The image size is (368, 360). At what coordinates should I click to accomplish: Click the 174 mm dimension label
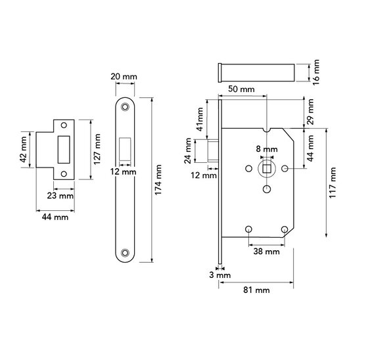point(158,179)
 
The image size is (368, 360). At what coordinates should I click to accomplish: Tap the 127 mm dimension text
point(97,149)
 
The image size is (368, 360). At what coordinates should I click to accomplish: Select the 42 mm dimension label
point(24,150)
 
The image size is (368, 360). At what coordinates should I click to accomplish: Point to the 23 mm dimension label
point(60,196)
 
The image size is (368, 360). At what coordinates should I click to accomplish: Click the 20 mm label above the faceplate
point(124,76)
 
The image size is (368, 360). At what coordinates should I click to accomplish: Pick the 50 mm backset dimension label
point(241,89)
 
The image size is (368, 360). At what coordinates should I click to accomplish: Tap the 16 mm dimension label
point(316,72)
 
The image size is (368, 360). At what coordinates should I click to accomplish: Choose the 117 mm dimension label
point(333,183)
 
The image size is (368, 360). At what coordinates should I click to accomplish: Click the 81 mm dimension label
point(256,290)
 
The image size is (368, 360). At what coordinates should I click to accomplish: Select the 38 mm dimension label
point(266,252)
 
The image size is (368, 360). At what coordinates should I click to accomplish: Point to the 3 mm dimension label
point(220,275)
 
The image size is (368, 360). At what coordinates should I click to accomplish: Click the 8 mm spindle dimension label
point(267,149)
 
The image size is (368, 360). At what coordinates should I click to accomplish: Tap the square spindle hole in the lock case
point(267,168)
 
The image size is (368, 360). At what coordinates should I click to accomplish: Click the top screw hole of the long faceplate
point(125,107)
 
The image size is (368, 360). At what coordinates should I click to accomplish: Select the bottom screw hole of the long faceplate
point(125,253)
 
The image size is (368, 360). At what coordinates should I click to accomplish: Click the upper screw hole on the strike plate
point(64,125)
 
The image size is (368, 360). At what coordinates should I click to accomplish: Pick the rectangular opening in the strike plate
point(64,150)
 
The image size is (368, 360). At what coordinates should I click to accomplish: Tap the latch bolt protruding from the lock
point(213,150)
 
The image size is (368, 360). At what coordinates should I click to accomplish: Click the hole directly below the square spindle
point(267,189)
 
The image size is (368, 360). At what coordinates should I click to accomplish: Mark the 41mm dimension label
point(200,119)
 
